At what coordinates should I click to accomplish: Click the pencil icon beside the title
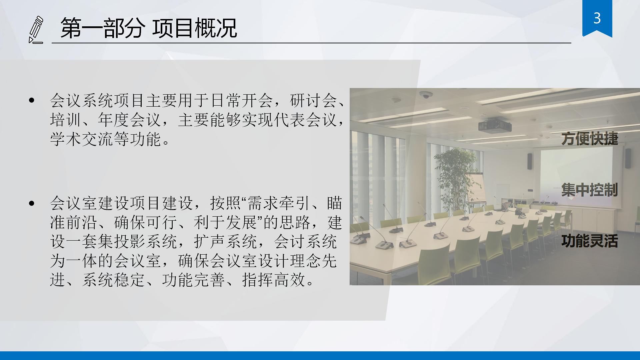pyautogui.click(x=36, y=30)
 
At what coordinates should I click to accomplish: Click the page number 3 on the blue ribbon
pyautogui.click(x=597, y=18)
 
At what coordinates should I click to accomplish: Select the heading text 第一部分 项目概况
pyautogui.click(x=149, y=28)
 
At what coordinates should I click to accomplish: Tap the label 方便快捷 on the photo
pyautogui.click(x=590, y=139)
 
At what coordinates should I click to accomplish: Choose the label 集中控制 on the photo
pyautogui.click(x=590, y=190)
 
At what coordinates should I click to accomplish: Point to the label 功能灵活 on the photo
pyautogui.click(x=590, y=241)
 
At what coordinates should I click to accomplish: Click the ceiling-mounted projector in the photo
pyautogui.click(x=495, y=125)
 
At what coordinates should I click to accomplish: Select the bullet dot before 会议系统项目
pyautogui.click(x=32, y=100)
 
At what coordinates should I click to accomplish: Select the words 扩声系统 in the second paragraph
pyautogui.click(x=225, y=241)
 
